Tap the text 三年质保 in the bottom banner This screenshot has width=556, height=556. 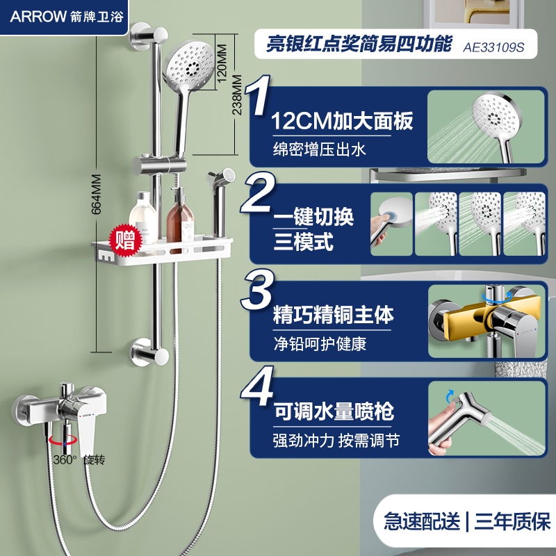point(512,521)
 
